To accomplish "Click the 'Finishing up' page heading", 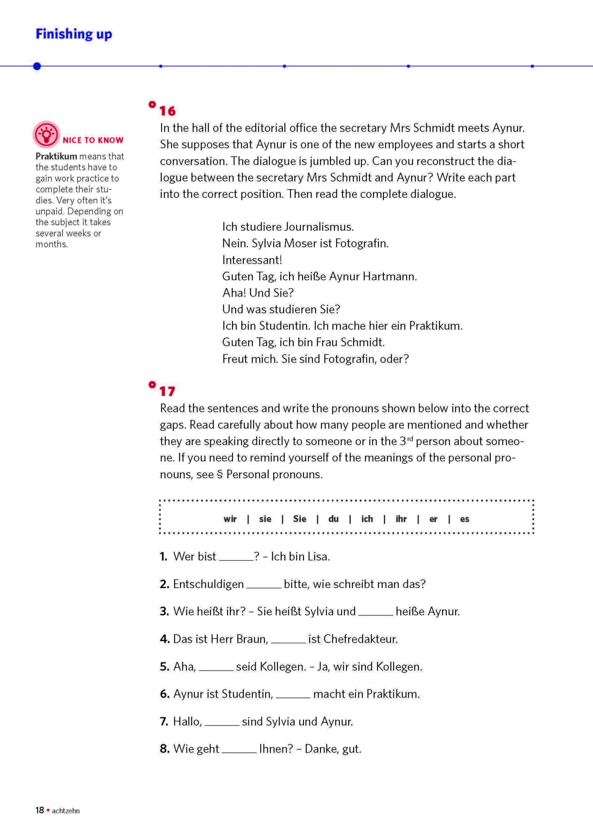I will pos(74,34).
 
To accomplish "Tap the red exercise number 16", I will pos(167,111).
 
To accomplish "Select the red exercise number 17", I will pos(167,391).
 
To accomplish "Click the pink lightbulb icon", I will pos(46,134).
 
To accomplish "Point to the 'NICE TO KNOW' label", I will pos(93,140).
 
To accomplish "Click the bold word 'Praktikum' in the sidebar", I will pos(56,156).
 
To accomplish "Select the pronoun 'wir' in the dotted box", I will pos(230,519).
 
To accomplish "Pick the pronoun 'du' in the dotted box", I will pos(334,519).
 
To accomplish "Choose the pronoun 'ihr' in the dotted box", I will pos(401,519).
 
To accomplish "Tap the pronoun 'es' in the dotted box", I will pos(464,519).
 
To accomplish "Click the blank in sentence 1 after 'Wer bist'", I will pos(236,558).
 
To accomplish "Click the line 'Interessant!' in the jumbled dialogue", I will pos(252,260).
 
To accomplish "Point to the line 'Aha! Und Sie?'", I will pos(258,293).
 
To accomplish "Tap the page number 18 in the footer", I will pos(40,810).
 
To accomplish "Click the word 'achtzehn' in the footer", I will pos(66,810).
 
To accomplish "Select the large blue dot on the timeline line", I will pos(37,66).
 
